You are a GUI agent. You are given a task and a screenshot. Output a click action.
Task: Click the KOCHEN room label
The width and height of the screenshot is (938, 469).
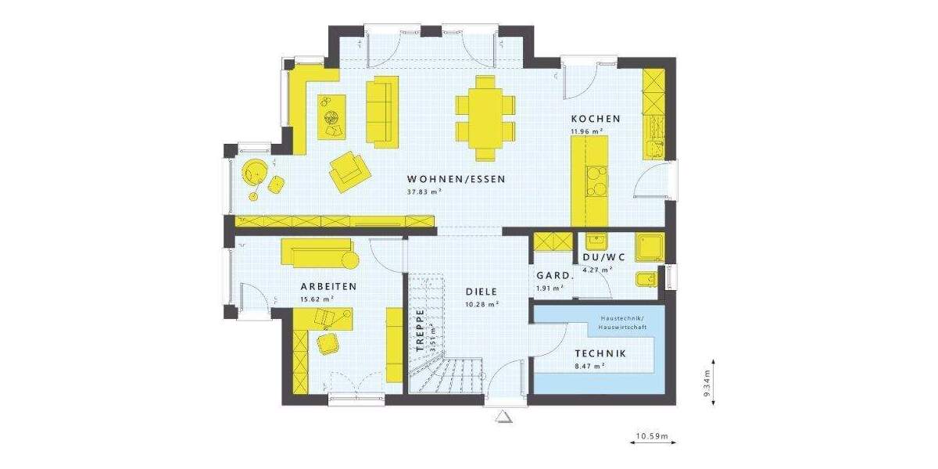(595, 119)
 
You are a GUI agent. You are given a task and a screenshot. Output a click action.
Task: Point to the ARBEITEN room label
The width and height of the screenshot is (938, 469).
(328, 287)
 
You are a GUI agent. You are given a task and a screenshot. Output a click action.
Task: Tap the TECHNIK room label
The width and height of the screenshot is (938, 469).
(600, 353)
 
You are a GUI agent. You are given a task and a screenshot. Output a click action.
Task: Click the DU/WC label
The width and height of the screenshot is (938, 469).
(603, 258)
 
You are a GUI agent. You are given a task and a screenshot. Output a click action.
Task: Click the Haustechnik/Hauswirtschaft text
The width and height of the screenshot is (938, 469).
(621, 322)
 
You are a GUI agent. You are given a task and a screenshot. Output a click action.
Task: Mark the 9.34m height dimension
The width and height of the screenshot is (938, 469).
(707, 385)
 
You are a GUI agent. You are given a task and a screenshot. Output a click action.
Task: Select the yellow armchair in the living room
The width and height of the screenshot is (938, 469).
(347, 170)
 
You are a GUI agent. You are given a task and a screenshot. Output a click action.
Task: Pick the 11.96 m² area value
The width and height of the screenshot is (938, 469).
(585, 131)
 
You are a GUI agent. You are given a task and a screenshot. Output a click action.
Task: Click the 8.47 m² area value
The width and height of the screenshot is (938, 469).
(589, 365)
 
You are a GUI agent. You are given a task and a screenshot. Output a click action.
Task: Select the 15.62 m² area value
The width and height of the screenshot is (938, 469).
(317, 299)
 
